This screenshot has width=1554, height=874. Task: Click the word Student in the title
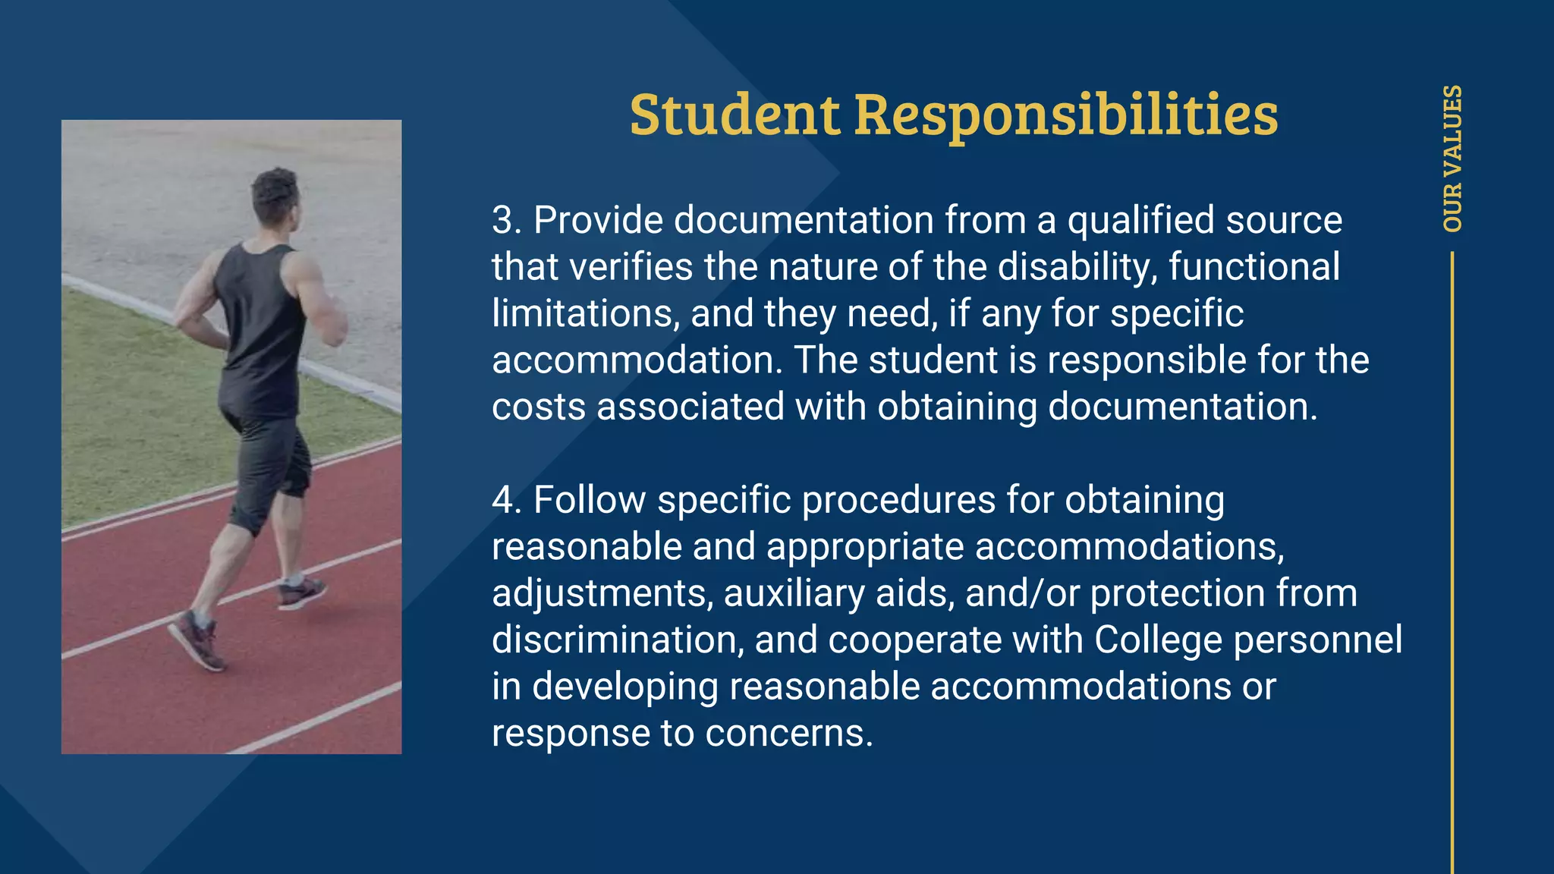pos(735,115)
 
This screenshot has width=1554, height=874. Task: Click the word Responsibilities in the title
pos(1066,115)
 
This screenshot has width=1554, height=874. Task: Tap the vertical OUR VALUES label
pos(1452,158)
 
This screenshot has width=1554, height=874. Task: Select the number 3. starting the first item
pos(507,221)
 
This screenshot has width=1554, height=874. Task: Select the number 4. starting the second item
pos(507,501)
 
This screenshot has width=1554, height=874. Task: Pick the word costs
pos(539,407)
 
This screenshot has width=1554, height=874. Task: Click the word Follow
pos(590,501)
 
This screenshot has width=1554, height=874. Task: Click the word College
pos(1158,640)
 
